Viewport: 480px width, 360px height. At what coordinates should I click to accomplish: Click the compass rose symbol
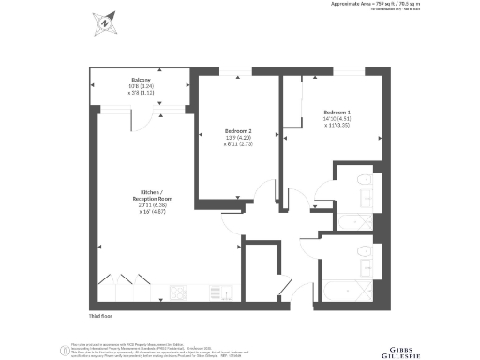(105, 21)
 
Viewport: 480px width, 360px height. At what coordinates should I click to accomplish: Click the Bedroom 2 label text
(238, 131)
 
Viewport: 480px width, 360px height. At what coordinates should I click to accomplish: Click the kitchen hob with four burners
(176, 292)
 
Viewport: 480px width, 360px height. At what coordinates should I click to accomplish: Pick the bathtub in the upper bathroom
(354, 222)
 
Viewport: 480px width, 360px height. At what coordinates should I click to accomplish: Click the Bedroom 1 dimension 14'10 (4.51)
(337, 118)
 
